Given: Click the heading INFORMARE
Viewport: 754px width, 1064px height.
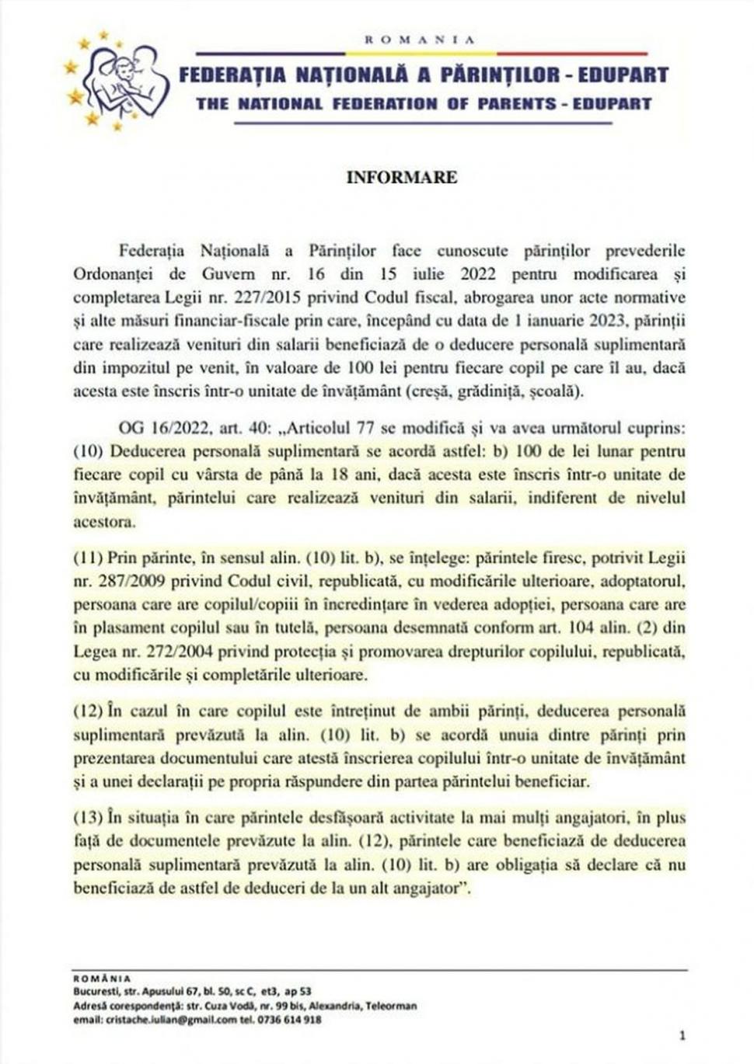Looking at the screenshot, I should coord(401,177).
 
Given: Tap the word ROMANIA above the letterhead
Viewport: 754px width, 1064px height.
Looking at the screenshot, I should coord(419,39).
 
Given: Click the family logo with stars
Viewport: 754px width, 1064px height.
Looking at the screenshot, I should coord(117,80).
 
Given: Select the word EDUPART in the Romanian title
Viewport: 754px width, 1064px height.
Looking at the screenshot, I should coord(623,75).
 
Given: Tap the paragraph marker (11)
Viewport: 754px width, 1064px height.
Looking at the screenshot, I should coord(88,558).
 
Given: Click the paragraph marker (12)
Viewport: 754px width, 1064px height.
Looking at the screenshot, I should coord(88,711).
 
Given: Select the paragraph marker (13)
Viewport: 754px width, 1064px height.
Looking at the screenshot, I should coord(88,817).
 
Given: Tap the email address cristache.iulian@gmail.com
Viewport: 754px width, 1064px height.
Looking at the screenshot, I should coord(155,1020).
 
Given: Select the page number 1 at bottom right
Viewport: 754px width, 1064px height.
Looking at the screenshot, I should coord(682,1035).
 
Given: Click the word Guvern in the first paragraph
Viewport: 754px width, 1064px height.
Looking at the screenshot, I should coord(228,274).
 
